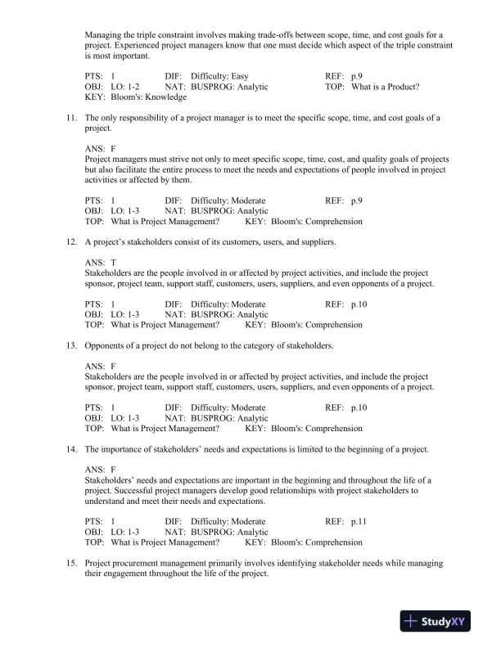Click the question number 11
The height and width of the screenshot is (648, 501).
click(71, 118)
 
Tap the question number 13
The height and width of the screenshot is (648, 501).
click(71, 346)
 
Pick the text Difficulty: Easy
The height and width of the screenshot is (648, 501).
click(225, 75)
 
